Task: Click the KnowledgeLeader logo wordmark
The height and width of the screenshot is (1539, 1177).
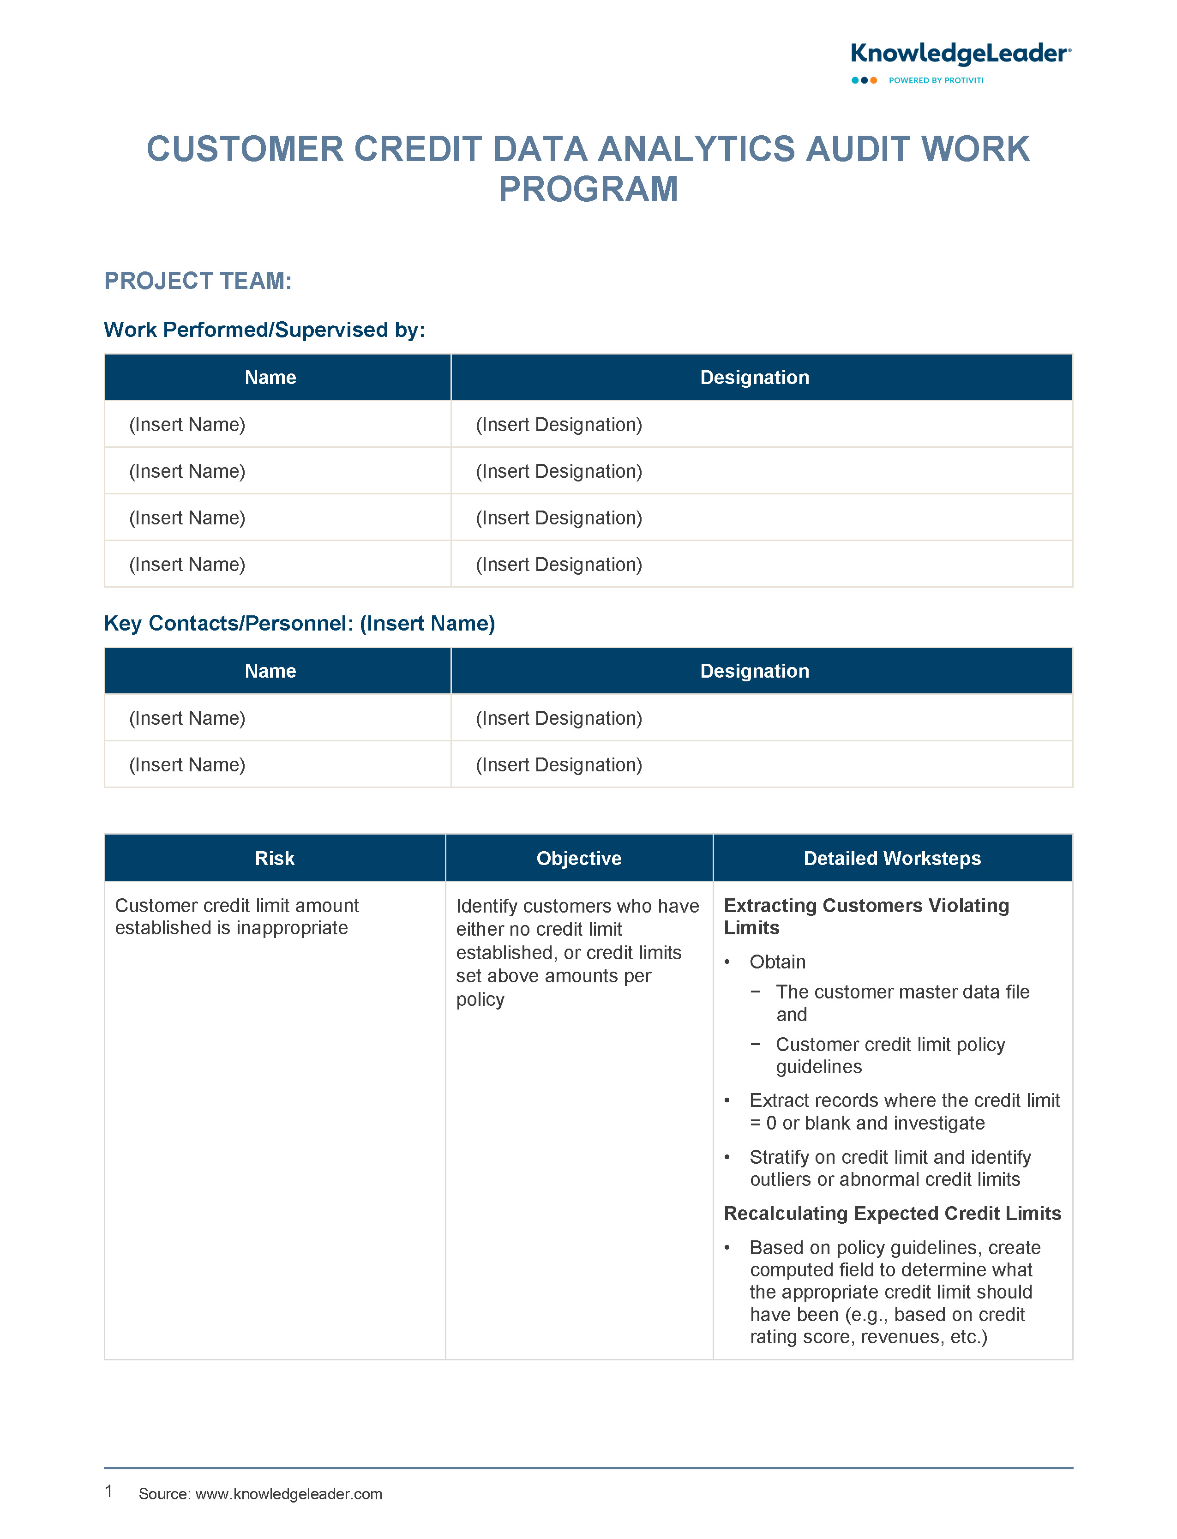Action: [960, 54]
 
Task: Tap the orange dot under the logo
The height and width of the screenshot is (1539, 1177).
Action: [874, 81]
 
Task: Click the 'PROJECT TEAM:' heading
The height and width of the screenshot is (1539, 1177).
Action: [198, 281]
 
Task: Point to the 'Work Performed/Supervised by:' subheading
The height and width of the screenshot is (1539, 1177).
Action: [264, 330]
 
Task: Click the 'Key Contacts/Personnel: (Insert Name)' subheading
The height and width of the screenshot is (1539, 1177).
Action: [299, 624]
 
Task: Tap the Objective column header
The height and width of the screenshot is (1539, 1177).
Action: [579, 858]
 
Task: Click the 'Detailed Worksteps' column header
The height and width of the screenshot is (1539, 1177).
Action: [892, 858]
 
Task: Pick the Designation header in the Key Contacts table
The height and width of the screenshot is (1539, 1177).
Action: [755, 671]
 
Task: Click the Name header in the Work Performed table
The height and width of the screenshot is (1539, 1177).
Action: [270, 378]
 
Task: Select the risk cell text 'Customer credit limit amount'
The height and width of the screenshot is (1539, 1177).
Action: [237, 906]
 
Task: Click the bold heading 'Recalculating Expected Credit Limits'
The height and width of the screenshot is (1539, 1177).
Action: [892, 1213]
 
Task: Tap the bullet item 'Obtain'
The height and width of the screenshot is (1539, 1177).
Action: [777, 962]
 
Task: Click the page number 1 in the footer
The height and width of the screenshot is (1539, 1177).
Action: [108, 1491]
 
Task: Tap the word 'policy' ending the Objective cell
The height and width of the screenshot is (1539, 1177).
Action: [480, 1000]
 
